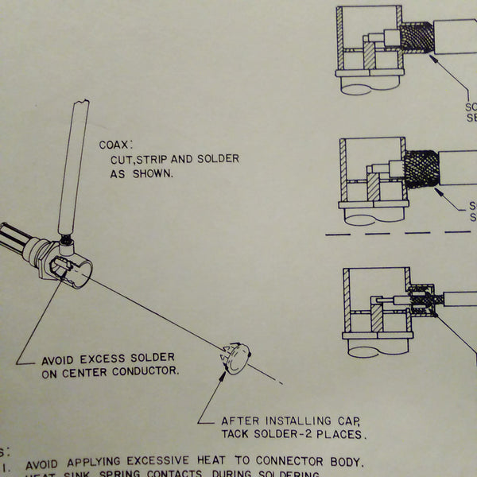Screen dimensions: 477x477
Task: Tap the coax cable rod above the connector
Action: click(72, 167)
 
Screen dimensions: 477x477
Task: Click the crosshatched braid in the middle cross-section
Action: click(420, 169)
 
